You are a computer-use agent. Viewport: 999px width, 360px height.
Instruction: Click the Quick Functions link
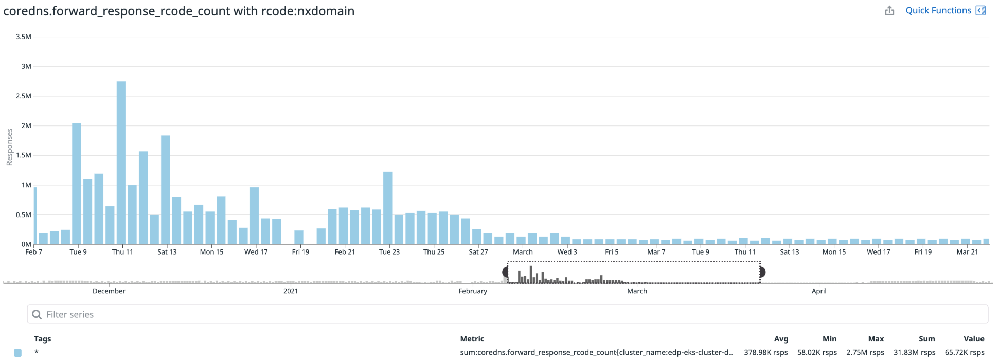pos(938,10)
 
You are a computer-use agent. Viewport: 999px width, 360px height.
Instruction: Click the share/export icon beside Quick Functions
pos(889,11)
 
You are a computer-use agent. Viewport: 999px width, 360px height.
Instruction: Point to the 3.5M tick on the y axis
pos(24,37)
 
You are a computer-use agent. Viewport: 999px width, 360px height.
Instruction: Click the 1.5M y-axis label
pos(24,155)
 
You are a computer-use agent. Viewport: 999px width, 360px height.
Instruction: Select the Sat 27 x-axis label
pos(478,252)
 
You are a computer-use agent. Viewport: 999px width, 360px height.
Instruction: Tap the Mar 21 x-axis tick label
pos(967,252)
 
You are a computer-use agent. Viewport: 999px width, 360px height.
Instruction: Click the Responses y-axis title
pos(9,147)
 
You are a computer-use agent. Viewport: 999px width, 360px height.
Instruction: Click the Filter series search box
pos(507,314)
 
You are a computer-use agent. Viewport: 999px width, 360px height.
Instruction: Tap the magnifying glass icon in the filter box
pos(37,314)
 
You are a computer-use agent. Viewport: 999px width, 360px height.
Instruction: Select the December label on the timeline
pos(109,291)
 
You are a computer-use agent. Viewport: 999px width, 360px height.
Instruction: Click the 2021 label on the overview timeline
pos(291,291)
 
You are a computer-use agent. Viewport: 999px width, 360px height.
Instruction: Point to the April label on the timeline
pos(819,291)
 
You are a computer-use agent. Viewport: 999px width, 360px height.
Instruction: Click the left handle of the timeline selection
pos(506,272)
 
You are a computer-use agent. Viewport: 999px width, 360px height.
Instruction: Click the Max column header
pos(876,339)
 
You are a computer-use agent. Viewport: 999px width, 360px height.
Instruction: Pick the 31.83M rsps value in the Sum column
pos(914,353)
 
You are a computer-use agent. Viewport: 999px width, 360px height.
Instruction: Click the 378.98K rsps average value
pos(765,353)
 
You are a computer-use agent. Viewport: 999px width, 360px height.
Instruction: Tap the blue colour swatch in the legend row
pos(18,353)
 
